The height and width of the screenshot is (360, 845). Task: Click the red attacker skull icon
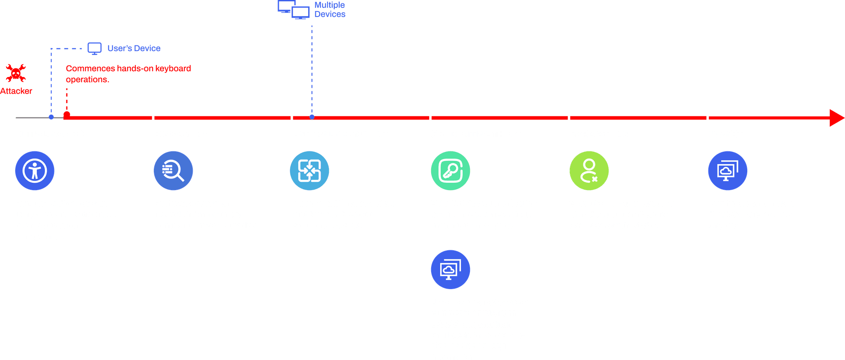pyautogui.click(x=16, y=73)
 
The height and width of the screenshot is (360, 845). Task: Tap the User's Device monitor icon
pyautogui.click(x=94, y=48)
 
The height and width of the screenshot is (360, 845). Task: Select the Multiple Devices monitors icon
pyautogui.click(x=294, y=10)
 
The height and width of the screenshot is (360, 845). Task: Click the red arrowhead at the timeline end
pyautogui.click(x=836, y=118)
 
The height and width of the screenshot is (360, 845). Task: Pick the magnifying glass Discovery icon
pyautogui.click(x=173, y=171)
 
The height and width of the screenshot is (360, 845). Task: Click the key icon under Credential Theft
pyautogui.click(x=451, y=171)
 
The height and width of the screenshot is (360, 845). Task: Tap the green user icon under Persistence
pyautogui.click(x=589, y=171)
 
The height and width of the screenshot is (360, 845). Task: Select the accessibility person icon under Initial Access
pyautogui.click(x=35, y=171)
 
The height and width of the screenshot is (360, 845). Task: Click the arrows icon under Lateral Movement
pyautogui.click(x=309, y=171)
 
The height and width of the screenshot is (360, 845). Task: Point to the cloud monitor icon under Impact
pyautogui.click(x=728, y=171)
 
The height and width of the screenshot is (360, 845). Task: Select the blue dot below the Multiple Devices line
pyautogui.click(x=312, y=117)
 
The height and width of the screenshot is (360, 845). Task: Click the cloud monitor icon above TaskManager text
pyautogui.click(x=451, y=269)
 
